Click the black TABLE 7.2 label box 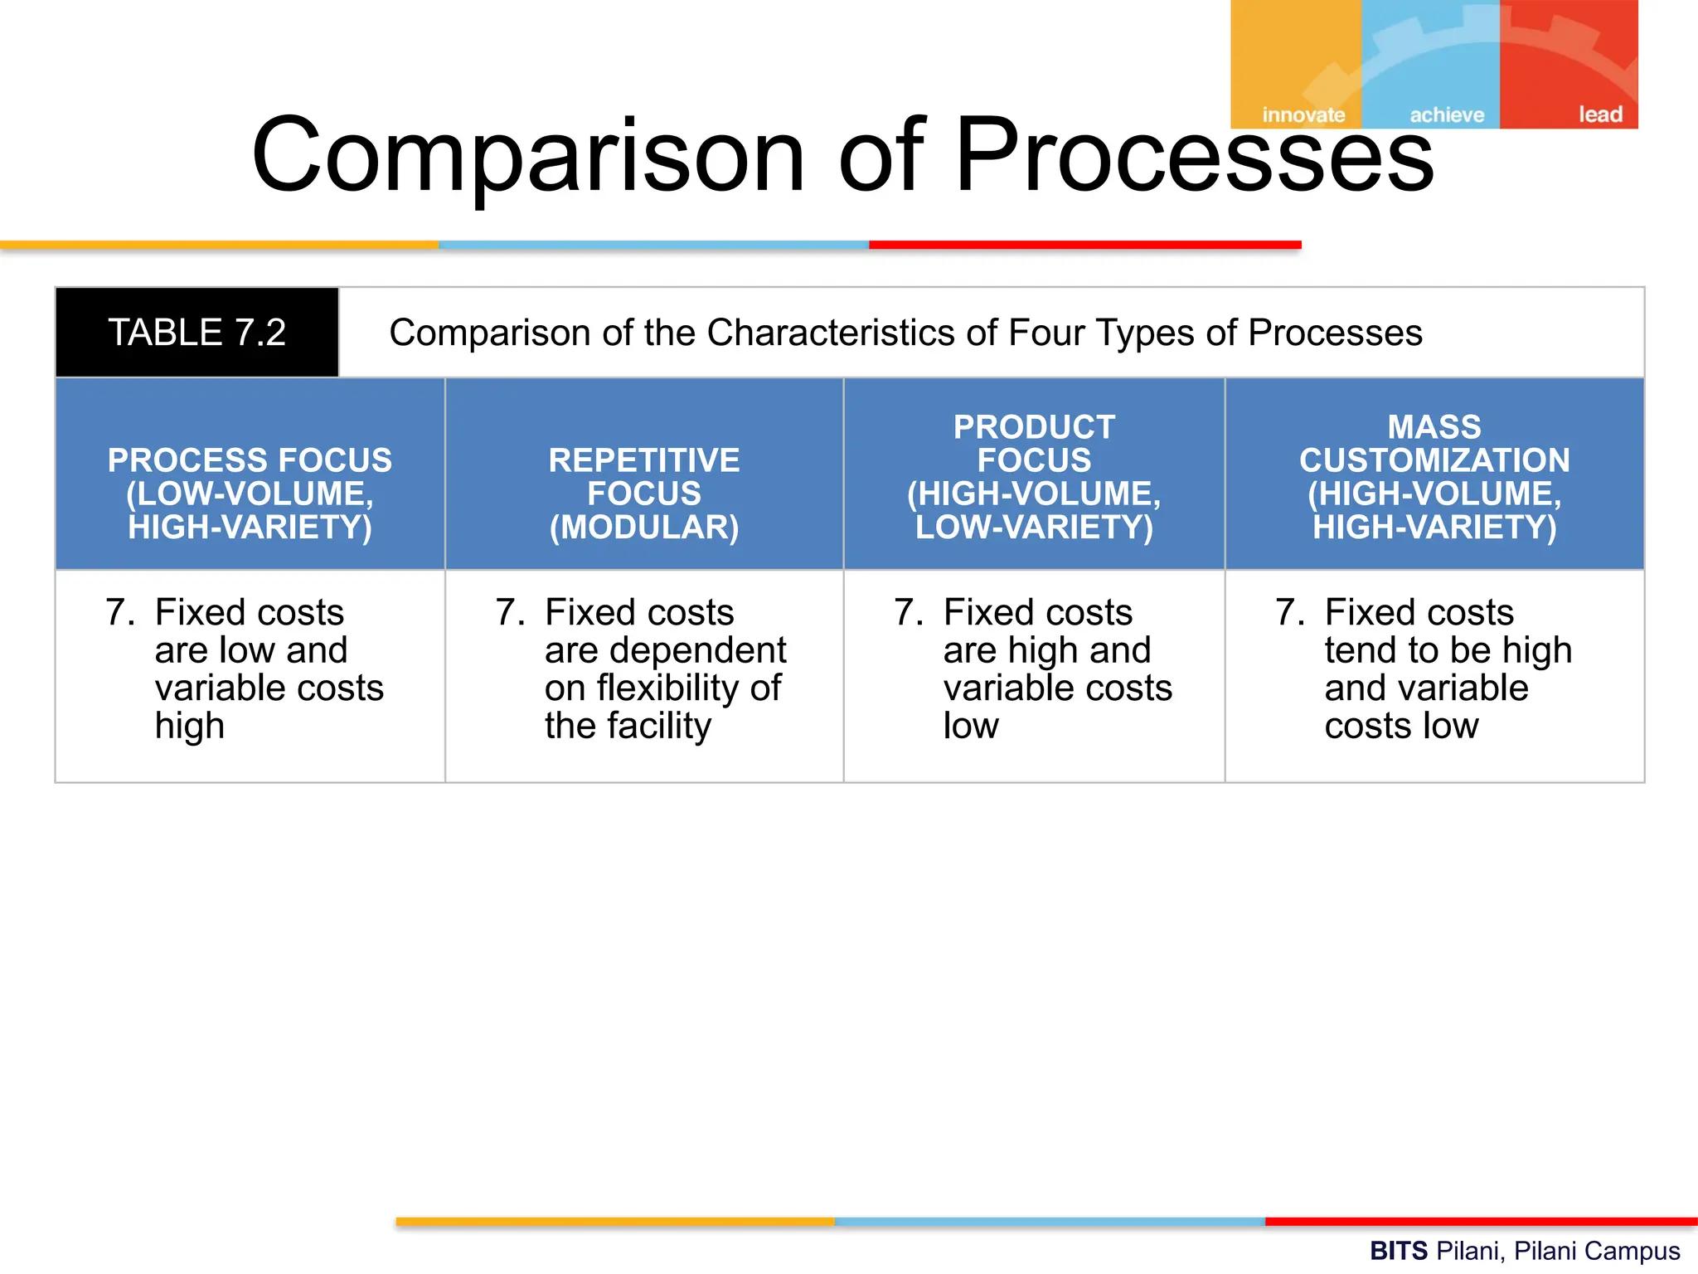click(196, 333)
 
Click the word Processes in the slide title click(1194, 156)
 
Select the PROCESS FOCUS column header click(250, 493)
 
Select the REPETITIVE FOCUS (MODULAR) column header click(644, 493)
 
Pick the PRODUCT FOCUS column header click(1034, 476)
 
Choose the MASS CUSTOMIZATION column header click(1434, 476)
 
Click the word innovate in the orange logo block click(1303, 114)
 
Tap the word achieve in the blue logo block click(1447, 114)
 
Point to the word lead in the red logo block click(1600, 114)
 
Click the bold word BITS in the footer click(1398, 1251)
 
